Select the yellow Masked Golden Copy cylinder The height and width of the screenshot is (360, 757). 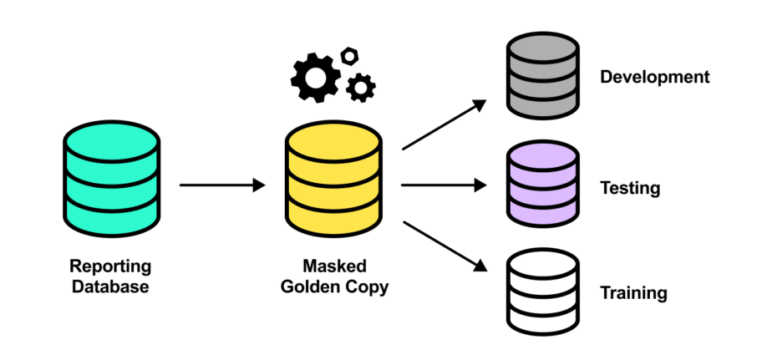click(333, 180)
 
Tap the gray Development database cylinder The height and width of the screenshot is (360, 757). click(543, 77)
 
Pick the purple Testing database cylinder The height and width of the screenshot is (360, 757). click(543, 185)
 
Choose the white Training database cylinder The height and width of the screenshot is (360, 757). click(543, 292)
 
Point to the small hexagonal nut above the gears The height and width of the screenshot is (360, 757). click(350, 55)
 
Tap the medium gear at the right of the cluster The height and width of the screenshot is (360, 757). click(360, 86)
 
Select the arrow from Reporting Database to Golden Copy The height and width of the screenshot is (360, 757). click(221, 185)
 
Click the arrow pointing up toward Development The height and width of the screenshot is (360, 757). click(444, 125)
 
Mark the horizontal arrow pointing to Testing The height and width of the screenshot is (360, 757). click(443, 185)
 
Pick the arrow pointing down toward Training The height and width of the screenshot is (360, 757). click(444, 246)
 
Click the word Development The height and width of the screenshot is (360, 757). click(654, 78)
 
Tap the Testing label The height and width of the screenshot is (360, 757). click(630, 188)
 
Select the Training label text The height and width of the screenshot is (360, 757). click(633, 293)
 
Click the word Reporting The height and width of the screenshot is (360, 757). click(110, 267)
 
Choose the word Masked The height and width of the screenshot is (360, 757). click(333, 267)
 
